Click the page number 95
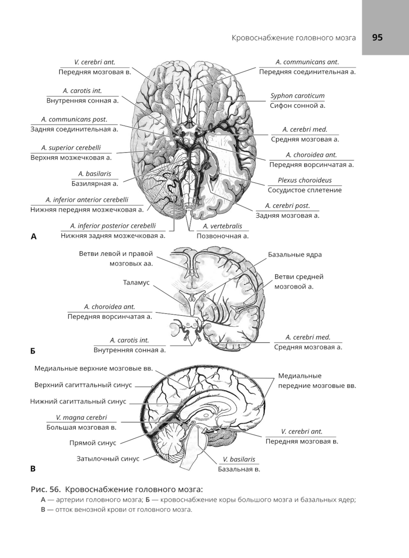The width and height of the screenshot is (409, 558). [x=378, y=38]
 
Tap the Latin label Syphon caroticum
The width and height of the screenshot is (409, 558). [x=297, y=96]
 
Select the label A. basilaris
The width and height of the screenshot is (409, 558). [x=94, y=173]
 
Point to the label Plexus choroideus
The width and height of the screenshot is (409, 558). [x=305, y=180]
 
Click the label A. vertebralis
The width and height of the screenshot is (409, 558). [x=222, y=226]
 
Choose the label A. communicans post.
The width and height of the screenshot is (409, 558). [x=74, y=119]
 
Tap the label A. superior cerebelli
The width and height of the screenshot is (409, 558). [x=71, y=148]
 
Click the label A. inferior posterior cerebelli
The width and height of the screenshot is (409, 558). [x=113, y=226]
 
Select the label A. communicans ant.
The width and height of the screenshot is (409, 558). [x=307, y=62]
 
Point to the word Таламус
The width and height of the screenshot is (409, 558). [x=136, y=283]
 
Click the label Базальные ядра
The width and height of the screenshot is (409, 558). [x=295, y=254]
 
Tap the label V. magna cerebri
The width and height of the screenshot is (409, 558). [x=81, y=417]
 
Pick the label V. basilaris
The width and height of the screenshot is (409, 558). [x=239, y=459]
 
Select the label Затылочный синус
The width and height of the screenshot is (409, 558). [x=108, y=459]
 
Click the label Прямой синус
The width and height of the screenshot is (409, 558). [x=93, y=443]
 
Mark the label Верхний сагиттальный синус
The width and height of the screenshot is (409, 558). [x=83, y=385]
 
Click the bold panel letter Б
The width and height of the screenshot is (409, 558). [x=33, y=351]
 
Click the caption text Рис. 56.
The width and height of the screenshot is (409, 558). [x=46, y=489]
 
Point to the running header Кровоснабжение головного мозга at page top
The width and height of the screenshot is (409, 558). [x=294, y=38]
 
